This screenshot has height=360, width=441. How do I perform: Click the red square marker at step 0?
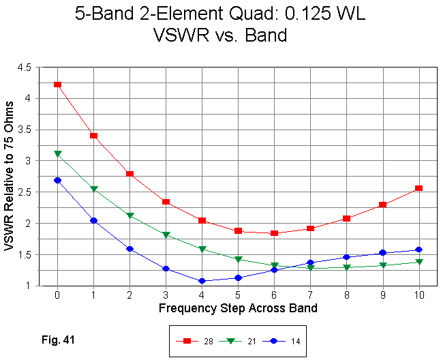58,85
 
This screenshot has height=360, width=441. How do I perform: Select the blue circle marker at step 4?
202,281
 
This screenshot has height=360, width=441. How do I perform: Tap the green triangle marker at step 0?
58,154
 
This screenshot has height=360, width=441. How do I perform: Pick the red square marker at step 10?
419,188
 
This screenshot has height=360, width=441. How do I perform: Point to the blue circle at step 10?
419,250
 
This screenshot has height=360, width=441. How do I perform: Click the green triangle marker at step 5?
238,260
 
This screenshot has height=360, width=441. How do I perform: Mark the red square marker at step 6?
274,233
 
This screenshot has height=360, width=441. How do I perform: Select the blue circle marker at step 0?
58,181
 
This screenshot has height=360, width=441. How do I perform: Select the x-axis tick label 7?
310,295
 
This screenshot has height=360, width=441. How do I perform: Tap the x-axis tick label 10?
419,295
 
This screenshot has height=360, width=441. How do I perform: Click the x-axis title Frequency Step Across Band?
238,308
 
